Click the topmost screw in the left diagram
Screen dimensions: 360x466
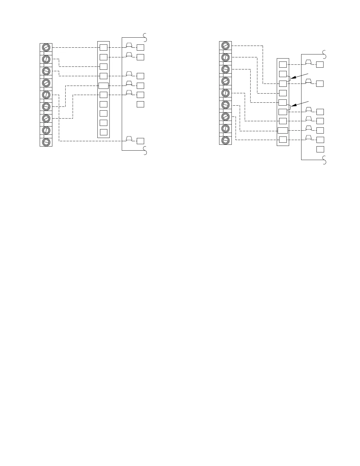point(46,47)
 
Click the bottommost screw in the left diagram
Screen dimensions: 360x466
point(46,142)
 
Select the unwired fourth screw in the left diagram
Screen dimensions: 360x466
point(46,83)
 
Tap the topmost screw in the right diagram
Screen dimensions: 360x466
point(226,46)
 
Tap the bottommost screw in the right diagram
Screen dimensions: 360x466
point(226,140)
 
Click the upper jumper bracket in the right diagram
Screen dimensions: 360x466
point(289,78)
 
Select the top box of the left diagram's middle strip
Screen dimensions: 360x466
point(104,47)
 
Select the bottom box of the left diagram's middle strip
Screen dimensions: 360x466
point(104,132)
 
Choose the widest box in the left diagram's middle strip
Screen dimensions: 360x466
point(104,86)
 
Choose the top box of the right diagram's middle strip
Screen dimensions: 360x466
point(283,64)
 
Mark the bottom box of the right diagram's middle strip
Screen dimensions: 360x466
point(283,139)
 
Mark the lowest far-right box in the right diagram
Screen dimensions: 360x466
point(320,149)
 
